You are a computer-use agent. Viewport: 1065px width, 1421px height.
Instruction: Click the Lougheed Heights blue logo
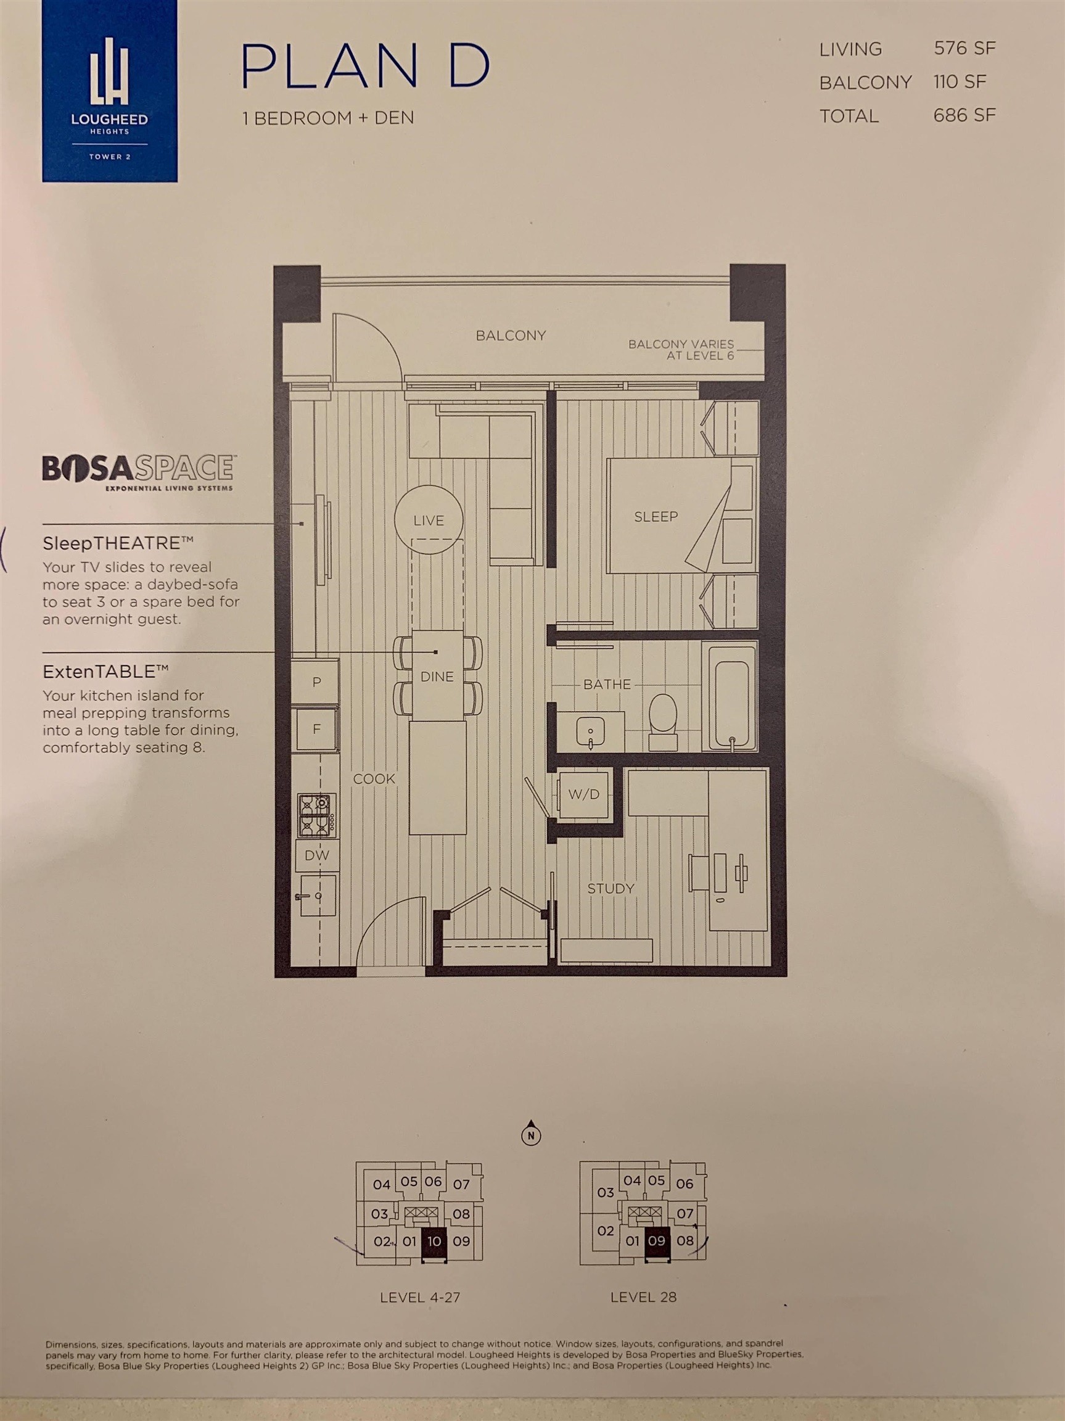click(x=109, y=91)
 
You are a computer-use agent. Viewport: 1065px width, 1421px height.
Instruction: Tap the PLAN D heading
click(x=366, y=67)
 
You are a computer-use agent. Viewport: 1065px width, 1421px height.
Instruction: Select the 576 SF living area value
click(x=964, y=48)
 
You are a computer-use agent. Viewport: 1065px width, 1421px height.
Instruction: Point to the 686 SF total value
click(x=964, y=115)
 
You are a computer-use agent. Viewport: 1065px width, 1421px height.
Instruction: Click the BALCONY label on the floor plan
click(x=511, y=336)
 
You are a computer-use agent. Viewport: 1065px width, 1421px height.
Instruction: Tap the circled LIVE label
click(x=429, y=521)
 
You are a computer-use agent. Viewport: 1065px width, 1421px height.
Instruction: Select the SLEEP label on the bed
click(x=656, y=516)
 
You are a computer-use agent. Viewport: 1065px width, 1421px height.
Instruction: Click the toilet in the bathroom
click(x=664, y=721)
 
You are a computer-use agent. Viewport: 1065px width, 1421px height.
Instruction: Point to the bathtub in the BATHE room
click(x=729, y=696)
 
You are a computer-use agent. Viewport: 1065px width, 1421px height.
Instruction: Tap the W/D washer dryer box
click(x=584, y=794)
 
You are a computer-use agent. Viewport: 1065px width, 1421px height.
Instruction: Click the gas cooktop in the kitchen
click(x=316, y=815)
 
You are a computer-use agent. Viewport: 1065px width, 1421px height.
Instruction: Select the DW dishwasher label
click(x=317, y=855)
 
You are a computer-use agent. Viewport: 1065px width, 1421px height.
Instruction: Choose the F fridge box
click(x=316, y=728)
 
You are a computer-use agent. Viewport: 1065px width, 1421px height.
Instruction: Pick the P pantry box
click(x=316, y=682)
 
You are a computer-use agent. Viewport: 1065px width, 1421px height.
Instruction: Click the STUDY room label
click(x=611, y=889)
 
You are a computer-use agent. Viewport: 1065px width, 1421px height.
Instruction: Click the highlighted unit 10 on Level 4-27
click(x=434, y=1241)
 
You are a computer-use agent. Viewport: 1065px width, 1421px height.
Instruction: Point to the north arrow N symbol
click(x=531, y=1136)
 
